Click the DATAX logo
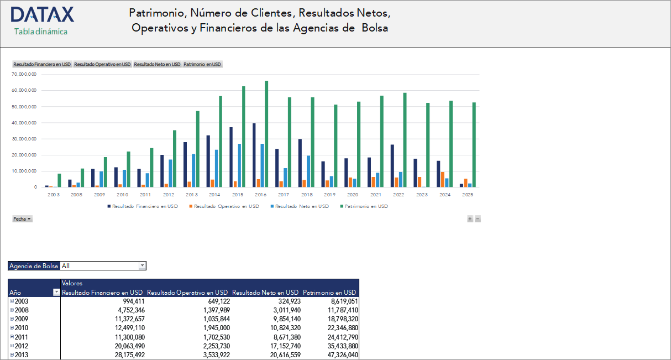click(x=42, y=15)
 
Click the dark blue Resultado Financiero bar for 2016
click(x=254, y=155)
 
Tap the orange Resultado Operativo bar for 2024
click(x=442, y=180)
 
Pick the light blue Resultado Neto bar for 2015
click(x=239, y=165)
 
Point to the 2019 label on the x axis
click(x=330, y=195)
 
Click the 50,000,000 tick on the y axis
click(x=24, y=106)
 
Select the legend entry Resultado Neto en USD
click(x=301, y=206)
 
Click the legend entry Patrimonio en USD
click(x=366, y=206)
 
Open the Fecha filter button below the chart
click(x=22, y=219)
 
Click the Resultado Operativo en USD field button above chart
click(x=102, y=64)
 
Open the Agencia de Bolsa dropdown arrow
click(x=142, y=266)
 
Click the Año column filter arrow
click(x=56, y=293)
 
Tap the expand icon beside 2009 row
click(x=12, y=319)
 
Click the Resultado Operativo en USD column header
click(x=187, y=293)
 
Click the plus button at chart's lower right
click(x=470, y=219)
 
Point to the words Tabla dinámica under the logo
click(x=41, y=32)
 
